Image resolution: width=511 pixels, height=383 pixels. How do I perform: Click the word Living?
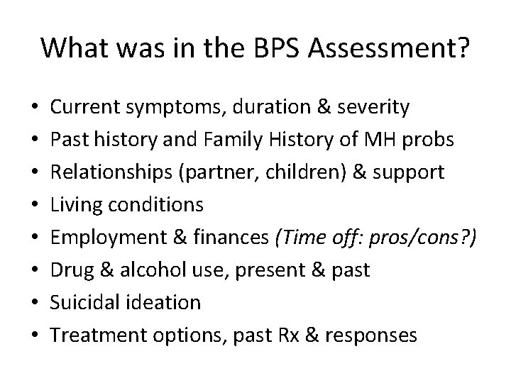point(78,205)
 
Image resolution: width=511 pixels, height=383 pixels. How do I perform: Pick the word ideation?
point(166,303)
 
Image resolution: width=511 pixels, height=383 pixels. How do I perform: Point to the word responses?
point(372,335)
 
